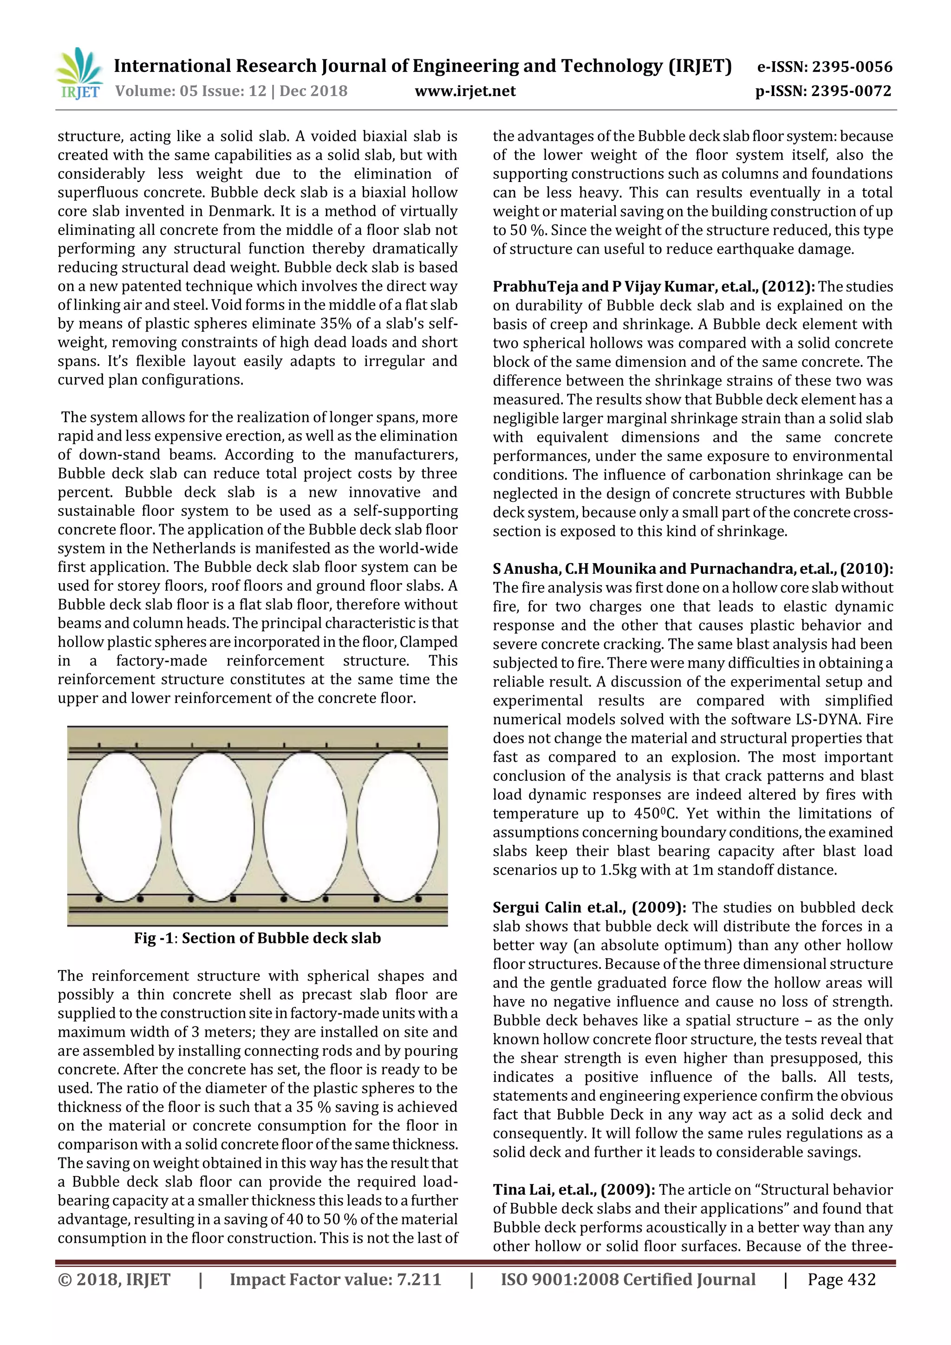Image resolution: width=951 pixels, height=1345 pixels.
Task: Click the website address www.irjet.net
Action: point(465,91)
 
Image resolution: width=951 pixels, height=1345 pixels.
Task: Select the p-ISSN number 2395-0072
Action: point(851,91)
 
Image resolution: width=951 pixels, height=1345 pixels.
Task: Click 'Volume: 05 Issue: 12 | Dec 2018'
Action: point(231,91)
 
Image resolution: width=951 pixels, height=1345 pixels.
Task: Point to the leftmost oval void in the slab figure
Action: point(120,826)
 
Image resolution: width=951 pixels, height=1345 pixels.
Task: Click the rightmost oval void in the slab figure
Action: point(398,826)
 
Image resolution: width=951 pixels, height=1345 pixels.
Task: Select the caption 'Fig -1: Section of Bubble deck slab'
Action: point(257,938)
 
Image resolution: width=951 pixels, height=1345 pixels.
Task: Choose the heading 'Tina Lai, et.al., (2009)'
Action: point(573,1190)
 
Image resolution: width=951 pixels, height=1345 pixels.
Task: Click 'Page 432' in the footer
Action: point(841,1280)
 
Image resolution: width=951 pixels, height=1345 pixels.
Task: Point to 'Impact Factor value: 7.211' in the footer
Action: point(335,1280)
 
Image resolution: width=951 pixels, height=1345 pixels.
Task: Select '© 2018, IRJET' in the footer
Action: point(114,1280)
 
